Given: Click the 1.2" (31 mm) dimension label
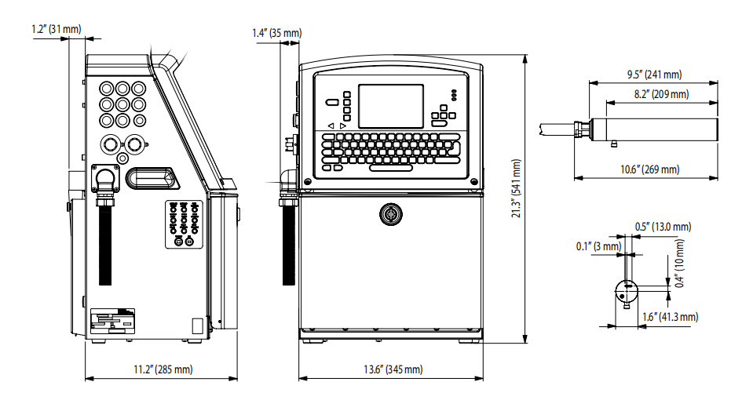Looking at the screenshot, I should pyautogui.click(x=57, y=29).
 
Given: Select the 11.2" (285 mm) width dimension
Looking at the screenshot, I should pyautogui.click(x=162, y=369).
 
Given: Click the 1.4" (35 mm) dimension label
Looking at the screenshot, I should pyautogui.click(x=276, y=33).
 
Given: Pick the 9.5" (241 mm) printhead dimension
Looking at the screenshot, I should pyautogui.click(x=654, y=75).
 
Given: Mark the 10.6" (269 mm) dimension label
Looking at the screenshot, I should pyautogui.click(x=649, y=169).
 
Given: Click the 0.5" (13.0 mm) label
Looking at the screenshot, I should pyautogui.click(x=663, y=227).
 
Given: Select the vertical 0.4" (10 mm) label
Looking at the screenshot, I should pyautogui.click(x=679, y=262).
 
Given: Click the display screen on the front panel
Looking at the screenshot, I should pyautogui.click(x=390, y=106).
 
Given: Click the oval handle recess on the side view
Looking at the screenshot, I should pyautogui.click(x=152, y=177).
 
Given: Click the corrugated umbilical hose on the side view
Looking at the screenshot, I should pyautogui.click(x=104, y=243).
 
